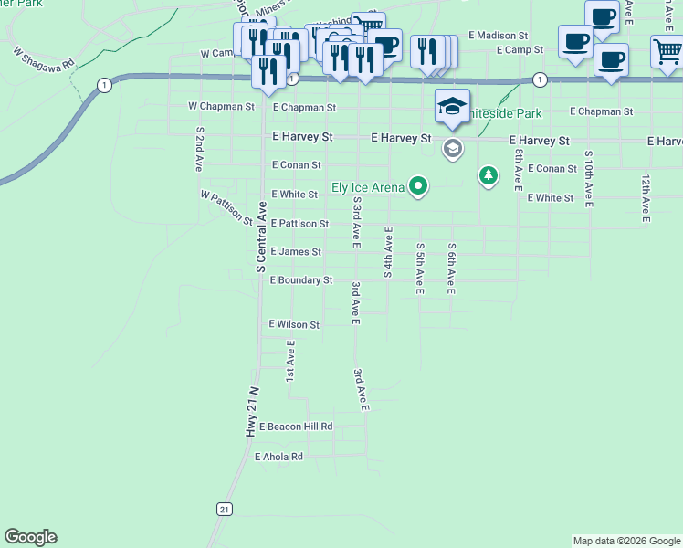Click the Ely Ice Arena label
point(367,187)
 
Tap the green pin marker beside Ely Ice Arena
point(418,186)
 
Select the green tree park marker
point(489,174)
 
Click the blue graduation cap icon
point(452,107)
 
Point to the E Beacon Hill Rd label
point(296,427)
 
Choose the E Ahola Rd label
point(278,456)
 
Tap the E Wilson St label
point(294,324)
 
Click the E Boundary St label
point(301,280)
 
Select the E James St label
point(296,252)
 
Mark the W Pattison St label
point(226,207)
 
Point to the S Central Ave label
point(260,233)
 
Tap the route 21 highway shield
point(223,509)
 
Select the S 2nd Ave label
point(198,150)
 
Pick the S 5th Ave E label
point(419,269)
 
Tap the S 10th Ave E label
point(587,177)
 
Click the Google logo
point(30,537)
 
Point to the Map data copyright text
point(626,541)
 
